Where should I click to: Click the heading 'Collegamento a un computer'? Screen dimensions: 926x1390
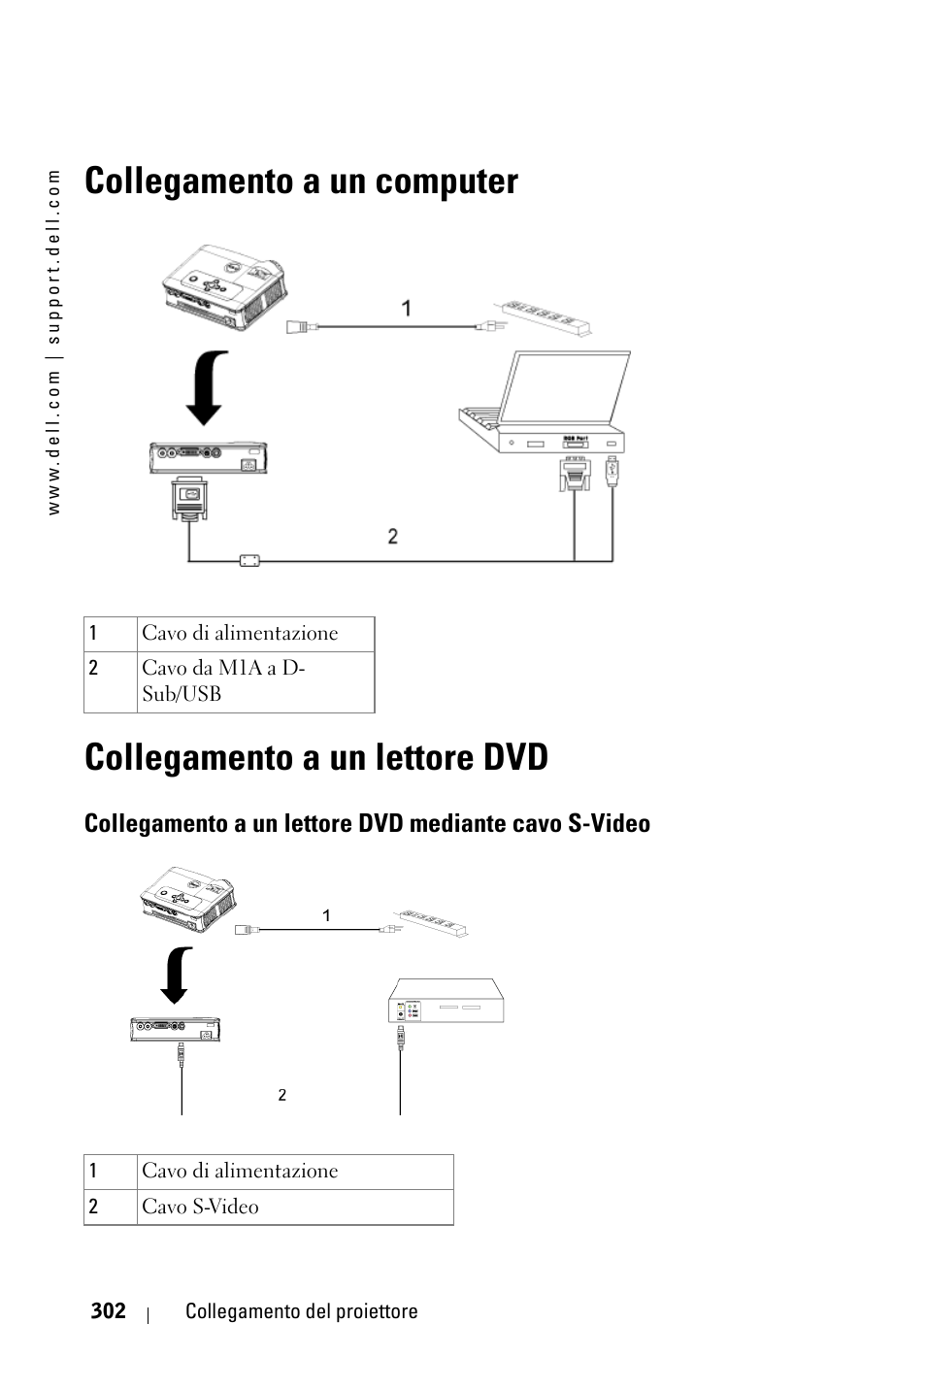pos(301,182)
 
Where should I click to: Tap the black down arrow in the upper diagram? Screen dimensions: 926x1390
pos(206,388)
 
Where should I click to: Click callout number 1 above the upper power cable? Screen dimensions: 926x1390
pos(406,309)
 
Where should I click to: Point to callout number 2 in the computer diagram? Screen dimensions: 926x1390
pos(393,536)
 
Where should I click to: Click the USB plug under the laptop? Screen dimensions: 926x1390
pos(612,472)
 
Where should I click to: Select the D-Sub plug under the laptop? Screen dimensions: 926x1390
pos(575,474)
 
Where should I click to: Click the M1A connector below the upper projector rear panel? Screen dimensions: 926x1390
pos(189,498)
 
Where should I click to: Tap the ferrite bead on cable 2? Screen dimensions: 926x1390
pos(249,561)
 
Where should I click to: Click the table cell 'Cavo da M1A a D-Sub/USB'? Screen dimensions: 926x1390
pos(255,681)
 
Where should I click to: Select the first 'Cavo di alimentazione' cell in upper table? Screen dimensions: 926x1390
pos(255,634)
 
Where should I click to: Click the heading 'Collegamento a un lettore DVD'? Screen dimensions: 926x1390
pos(315,758)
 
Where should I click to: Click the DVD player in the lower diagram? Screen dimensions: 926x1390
pos(446,1001)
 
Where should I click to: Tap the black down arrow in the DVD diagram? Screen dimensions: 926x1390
pos(176,976)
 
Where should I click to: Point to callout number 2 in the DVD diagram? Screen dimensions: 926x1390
pos(281,1095)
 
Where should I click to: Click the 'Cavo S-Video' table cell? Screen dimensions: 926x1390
pos(295,1207)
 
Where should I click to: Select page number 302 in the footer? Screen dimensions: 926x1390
pos(109,1310)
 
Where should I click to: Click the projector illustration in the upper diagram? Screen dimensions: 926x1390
pos(224,286)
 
